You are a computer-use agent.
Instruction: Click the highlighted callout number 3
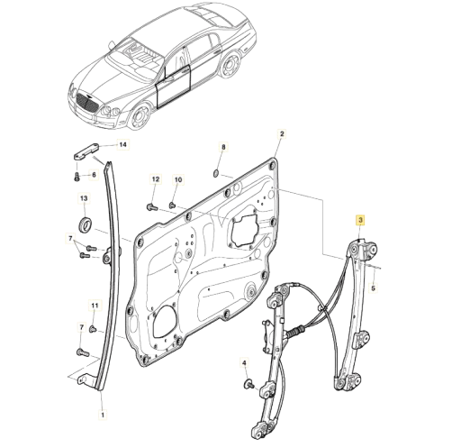coord(360,220)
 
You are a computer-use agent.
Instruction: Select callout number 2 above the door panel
coord(282,134)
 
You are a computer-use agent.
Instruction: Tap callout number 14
coord(123,144)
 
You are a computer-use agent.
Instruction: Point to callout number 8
coord(222,147)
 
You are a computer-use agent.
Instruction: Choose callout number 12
coord(156,179)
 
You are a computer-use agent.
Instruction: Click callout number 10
coord(178,179)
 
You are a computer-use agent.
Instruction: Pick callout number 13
coord(84,198)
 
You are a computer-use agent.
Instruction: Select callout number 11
coord(95,306)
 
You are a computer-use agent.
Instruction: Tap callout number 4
coord(244,363)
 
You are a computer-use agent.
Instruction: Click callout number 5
coord(373,288)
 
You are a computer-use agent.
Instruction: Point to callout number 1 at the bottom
coord(103,415)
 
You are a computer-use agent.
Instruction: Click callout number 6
coord(94,175)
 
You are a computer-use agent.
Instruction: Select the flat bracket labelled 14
coord(86,151)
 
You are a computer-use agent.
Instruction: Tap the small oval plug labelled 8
coord(216,173)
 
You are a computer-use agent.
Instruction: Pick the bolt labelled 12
coord(152,206)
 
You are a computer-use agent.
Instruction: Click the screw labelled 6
coord(77,177)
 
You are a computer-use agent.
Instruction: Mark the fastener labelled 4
coord(249,383)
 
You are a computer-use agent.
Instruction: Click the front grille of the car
coord(86,104)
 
